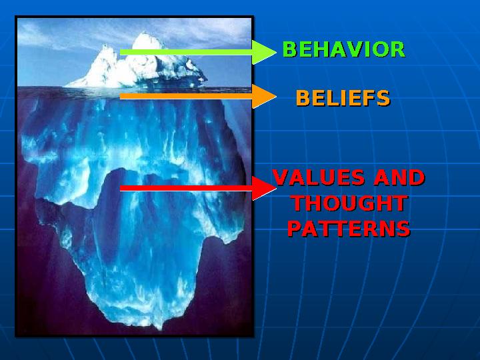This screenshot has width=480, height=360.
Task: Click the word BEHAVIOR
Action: tap(343, 50)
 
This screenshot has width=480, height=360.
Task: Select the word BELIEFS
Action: tap(343, 99)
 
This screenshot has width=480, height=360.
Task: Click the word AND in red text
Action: tap(399, 178)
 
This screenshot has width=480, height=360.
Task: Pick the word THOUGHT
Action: tap(349, 203)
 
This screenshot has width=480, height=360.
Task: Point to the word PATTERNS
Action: tap(348, 229)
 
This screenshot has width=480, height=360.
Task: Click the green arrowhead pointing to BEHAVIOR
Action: tap(264, 51)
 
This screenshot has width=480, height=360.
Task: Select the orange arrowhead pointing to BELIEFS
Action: tap(264, 97)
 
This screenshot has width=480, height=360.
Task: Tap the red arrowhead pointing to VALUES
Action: tap(264, 189)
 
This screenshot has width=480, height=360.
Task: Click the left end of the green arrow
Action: tap(122, 51)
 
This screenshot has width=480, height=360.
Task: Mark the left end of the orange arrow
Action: tap(122, 97)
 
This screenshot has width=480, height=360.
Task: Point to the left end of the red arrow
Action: tap(122, 189)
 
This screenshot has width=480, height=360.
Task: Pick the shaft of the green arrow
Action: tap(187, 51)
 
